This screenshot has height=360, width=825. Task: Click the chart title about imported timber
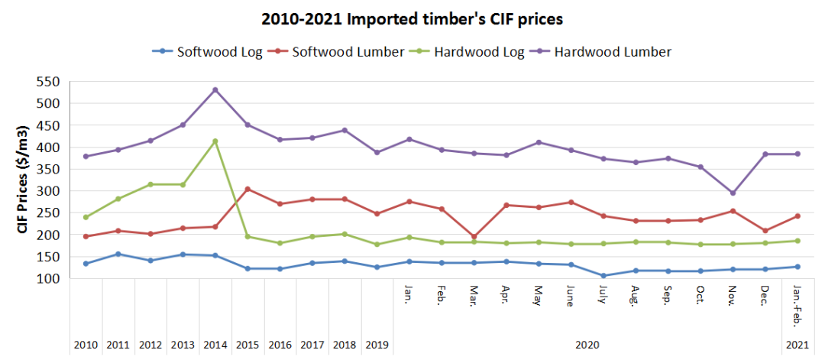[412, 18]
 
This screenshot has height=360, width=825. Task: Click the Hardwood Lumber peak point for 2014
[215, 89]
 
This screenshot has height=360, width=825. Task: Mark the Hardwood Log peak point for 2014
[215, 141]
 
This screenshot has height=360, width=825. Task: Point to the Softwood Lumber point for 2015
[247, 189]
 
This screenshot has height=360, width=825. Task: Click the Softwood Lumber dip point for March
[474, 237]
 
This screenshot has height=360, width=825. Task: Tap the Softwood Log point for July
[603, 276]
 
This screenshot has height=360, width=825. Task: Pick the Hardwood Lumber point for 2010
[86, 157]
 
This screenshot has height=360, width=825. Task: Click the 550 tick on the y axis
[47, 81]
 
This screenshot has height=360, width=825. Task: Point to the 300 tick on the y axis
[47, 191]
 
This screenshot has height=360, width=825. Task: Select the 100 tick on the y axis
[47, 279]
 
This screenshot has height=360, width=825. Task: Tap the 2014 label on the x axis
[215, 345]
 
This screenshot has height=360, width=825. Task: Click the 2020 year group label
[587, 345]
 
